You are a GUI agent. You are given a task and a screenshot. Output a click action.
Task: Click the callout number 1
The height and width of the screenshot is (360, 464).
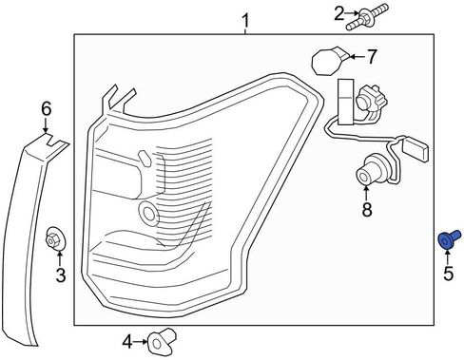tap(245, 21)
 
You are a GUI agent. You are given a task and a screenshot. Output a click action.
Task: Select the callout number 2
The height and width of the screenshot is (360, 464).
tap(339, 13)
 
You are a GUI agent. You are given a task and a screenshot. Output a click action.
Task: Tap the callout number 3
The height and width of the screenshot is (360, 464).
tap(60, 275)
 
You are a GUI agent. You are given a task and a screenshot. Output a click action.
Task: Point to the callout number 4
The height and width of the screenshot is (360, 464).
tap(127, 342)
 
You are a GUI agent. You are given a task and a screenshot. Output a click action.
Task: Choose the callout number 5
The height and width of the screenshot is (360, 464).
tap(449, 274)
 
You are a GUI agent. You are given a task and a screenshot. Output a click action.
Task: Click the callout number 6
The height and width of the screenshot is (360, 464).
tap(46, 109)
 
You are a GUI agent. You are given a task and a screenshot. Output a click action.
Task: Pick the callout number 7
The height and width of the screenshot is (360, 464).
tap(372, 57)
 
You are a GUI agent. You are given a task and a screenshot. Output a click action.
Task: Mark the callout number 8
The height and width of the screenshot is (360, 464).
tap(367, 209)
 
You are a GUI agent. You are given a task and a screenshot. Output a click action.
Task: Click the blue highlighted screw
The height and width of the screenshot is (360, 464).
tap(449, 239)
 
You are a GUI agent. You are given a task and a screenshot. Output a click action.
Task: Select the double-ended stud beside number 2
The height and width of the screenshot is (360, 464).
tap(367, 16)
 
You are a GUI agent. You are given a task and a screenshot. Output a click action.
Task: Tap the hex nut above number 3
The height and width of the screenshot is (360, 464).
tap(55, 238)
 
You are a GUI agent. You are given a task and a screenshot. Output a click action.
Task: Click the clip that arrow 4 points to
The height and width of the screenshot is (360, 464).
tap(162, 340)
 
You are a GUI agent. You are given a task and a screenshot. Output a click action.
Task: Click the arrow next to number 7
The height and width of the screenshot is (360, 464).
tap(358, 57)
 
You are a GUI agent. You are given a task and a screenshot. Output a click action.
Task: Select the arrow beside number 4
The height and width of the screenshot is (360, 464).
tap(141, 342)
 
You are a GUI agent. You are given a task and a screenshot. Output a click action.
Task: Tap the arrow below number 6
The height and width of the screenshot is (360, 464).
tap(46, 125)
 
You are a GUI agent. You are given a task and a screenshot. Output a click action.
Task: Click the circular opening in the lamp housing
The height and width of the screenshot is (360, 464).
tap(148, 214)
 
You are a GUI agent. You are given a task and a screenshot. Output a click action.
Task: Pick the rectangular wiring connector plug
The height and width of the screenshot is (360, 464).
tap(416, 148)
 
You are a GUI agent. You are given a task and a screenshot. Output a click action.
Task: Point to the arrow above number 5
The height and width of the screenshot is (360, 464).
tap(448, 257)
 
